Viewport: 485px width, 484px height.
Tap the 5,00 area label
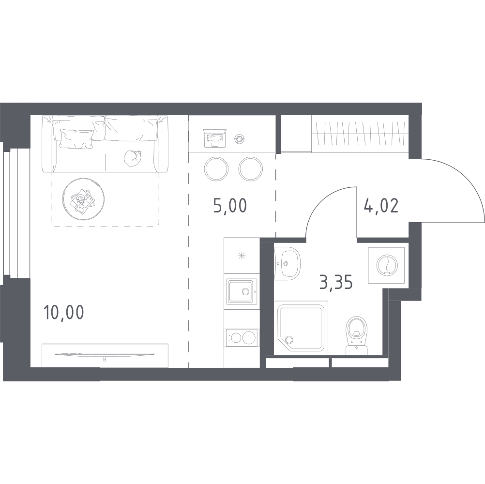(x=230, y=206)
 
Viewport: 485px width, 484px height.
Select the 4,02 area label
(x=381, y=206)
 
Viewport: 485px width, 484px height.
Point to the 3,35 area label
(x=336, y=282)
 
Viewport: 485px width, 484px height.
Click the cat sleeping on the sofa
(x=133, y=158)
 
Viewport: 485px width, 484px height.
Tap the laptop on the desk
(x=214, y=138)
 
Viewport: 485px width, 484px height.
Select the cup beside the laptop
(x=239, y=139)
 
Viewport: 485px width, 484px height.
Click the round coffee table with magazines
(x=83, y=199)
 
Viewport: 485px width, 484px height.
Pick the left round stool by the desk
(x=216, y=169)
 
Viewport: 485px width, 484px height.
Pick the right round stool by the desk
(x=251, y=169)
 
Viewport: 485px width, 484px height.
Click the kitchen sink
(x=242, y=292)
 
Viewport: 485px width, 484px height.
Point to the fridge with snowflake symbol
(x=242, y=256)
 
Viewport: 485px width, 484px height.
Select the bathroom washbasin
(x=287, y=263)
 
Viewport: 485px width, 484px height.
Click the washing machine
(x=386, y=265)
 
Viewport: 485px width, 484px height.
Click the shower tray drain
(x=289, y=339)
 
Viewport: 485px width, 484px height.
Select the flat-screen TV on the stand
(x=105, y=354)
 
